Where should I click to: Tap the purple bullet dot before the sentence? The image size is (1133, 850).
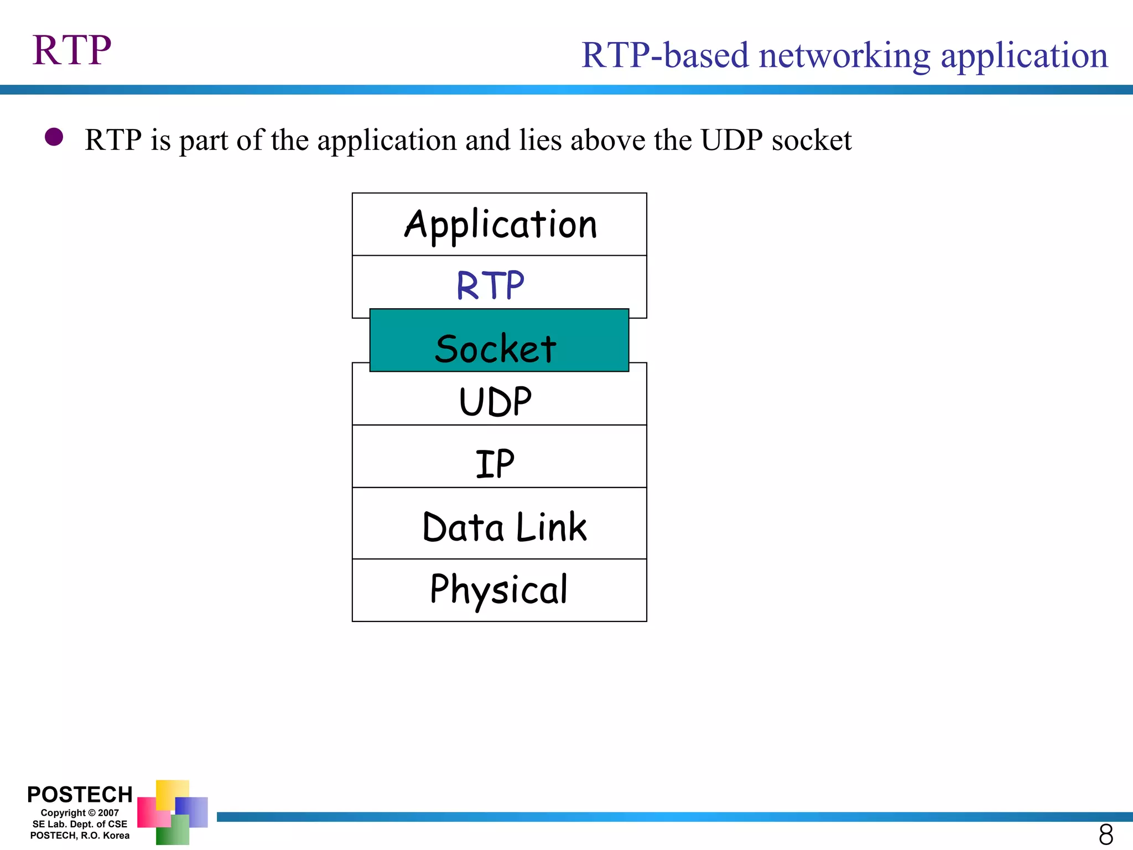point(54,137)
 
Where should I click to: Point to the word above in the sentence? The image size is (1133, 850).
point(607,140)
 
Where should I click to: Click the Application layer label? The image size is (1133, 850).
point(500,225)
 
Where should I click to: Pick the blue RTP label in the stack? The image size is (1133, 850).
point(490,286)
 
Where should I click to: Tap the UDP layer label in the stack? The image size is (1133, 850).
point(495,402)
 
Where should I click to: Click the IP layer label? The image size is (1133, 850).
point(495,464)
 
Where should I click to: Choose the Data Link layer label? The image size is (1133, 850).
point(504,527)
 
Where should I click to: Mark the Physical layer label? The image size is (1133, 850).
point(499,590)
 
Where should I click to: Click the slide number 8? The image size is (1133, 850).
point(1105,834)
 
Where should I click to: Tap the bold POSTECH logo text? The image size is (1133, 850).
point(80,794)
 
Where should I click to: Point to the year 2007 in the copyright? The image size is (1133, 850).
point(108,813)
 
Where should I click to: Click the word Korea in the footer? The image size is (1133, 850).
point(116,836)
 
